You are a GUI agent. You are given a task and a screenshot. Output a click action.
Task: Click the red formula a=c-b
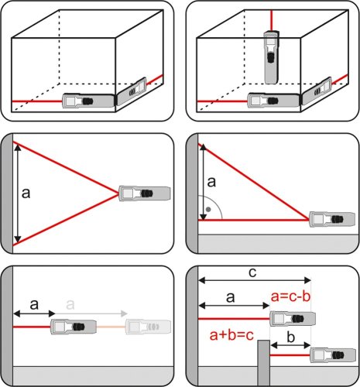[x=290, y=296]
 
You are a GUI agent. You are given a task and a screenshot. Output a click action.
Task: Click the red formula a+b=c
[x=231, y=335]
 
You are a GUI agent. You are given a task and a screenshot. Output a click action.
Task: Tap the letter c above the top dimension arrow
[x=252, y=272]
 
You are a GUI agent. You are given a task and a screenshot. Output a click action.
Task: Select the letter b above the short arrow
[x=291, y=337]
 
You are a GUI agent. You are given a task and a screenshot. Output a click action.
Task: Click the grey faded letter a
[x=70, y=305]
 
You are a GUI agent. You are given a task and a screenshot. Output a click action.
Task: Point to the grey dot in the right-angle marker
[x=208, y=209]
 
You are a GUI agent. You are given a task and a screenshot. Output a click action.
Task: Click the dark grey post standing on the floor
[x=264, y=363]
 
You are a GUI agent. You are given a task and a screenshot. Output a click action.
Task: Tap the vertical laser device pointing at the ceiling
[x=271, y=57]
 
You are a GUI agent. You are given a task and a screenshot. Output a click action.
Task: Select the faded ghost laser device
[x=148, y=327]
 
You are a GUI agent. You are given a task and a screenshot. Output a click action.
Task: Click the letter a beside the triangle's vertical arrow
[x=211, y=182]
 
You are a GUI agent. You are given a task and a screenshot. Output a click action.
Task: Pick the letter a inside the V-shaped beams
[x=26, y=193]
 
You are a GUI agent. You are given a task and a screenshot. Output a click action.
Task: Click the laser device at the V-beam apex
[x=144, y=193]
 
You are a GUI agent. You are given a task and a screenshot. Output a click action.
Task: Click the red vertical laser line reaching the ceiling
[x=271, y=20]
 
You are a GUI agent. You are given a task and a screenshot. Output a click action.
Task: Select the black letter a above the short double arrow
[x=34, y=305]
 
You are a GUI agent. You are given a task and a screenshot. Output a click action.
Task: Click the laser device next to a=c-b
[x=293, y=319]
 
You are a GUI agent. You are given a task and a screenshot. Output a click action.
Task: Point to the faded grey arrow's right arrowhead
[x=125, y=313]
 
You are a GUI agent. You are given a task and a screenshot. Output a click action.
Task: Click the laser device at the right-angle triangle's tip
[x=332, y=219]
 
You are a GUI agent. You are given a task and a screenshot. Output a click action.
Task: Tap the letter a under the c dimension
[x=230, y=297]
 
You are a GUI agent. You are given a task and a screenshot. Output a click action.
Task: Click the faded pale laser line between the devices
[x=111, y=327]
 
